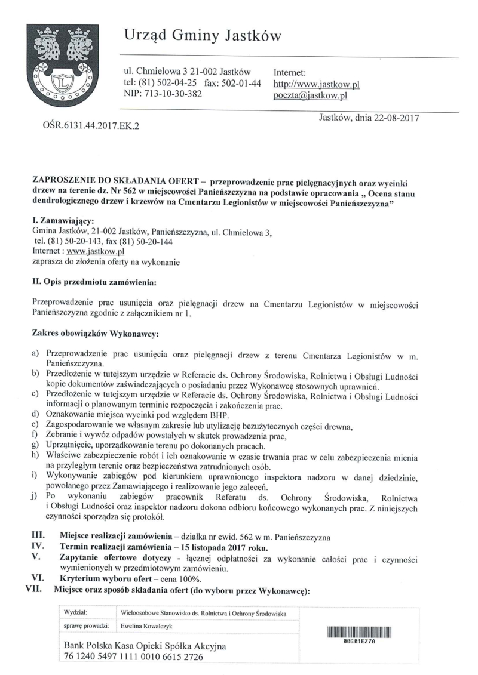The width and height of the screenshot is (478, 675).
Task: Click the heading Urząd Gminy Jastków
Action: point(203,36)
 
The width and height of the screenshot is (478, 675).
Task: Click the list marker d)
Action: point(35,414)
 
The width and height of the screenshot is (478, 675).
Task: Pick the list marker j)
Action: point(35,496)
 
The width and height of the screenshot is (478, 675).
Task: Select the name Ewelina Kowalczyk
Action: point(146,626)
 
